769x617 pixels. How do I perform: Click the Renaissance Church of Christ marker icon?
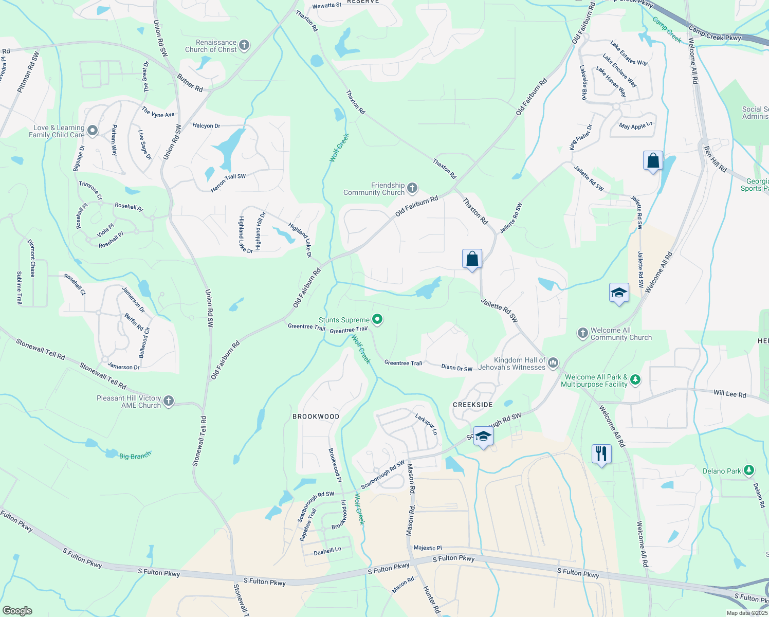tap(244, 46)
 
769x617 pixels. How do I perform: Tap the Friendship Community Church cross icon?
tap(412, 189)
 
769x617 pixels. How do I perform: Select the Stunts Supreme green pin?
tap(377, 320)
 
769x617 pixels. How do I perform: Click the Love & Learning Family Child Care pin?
tap(93, 131)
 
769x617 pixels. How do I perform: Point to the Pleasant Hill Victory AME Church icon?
tap(169, 402)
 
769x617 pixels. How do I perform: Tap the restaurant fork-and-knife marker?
tap(601, 454)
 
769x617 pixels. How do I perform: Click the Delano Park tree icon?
tap(749, 470)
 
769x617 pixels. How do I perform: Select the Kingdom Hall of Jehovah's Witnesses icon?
tap(553, 364)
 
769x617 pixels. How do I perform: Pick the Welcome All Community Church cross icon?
tap(582, 334)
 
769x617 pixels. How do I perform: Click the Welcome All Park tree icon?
tap(636, 380)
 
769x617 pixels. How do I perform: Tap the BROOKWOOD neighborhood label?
tap(316, 416)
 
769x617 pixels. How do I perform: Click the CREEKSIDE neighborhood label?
tap(473, 405)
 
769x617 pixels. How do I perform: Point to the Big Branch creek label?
tap(135, 456)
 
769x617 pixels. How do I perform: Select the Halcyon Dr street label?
tap(206, 125)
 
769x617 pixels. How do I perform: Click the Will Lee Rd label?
tap(729, 394)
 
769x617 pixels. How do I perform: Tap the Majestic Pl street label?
tap(428, 548)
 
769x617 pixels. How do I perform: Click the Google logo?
tap(17, 610)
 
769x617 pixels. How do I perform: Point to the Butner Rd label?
tap(190, 83)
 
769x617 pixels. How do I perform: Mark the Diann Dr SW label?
tap(456, 368)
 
